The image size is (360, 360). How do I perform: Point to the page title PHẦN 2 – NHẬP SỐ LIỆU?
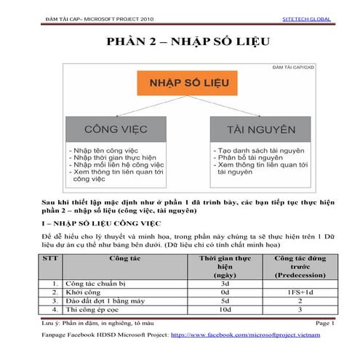pos(180,41)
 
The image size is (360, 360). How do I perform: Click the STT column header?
pos(49,258)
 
